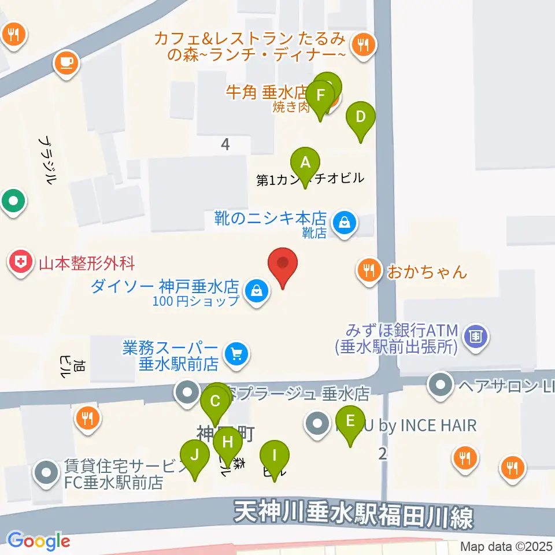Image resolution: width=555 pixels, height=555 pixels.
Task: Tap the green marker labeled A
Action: pos(305,163)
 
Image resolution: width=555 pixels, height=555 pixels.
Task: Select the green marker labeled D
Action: pos(360,118)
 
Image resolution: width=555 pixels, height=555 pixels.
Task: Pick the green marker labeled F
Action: pos(320,95)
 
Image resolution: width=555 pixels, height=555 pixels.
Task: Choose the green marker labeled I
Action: pos(275,455)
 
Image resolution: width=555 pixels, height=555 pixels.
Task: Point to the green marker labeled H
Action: pos(227,443)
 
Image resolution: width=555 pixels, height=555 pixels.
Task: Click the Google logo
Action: pos(39,542)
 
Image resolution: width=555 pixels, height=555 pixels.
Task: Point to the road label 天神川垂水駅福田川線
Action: pos(354,513)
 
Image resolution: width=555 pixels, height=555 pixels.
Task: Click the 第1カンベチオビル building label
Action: pos(311,180)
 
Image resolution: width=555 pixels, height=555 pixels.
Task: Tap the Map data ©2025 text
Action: pos(506,546)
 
